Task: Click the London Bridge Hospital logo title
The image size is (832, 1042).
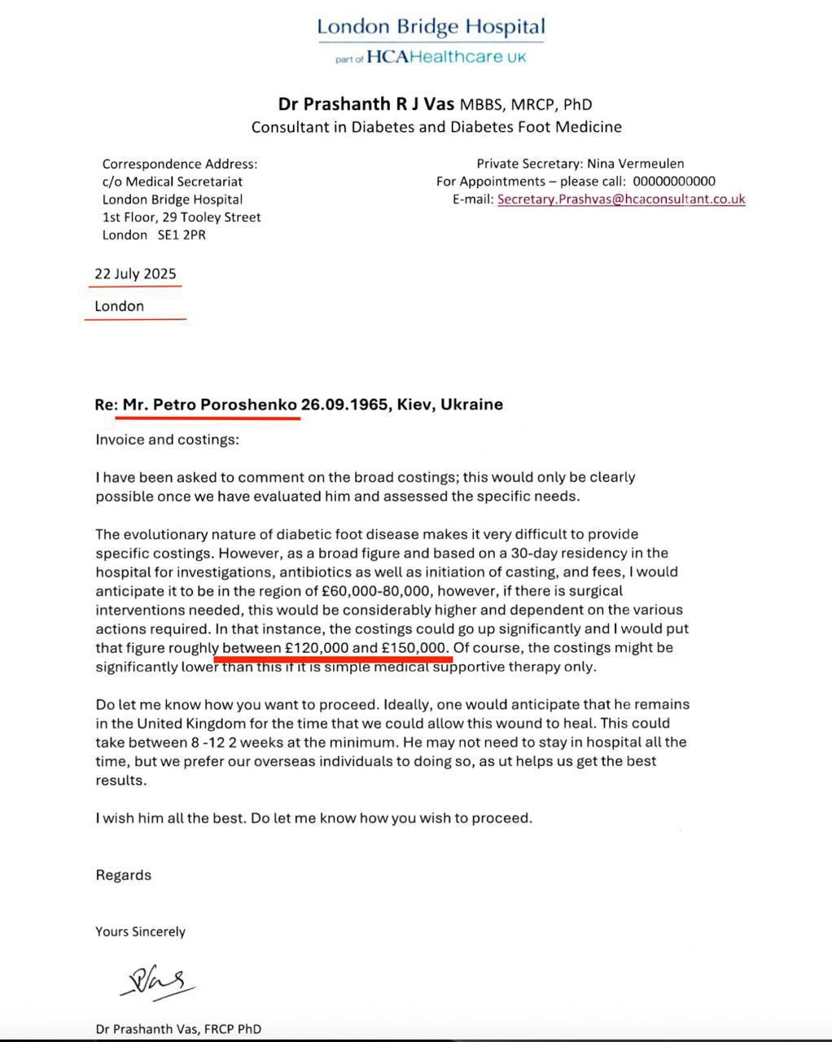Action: coord(431,26)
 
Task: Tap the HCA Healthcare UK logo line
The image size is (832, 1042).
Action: coord(431,57)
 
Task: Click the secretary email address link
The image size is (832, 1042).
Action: coord(621,199)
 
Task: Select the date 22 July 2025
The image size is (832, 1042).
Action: coord(135,274)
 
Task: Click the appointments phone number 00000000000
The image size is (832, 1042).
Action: coord(674,182)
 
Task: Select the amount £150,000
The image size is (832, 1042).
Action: coord(415,648)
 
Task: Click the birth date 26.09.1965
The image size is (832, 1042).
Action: coord(344,405)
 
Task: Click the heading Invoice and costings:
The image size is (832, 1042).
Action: coord(168,440)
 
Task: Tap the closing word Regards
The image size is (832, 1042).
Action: coord(124,875)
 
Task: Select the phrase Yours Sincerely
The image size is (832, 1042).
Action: coord(140,931)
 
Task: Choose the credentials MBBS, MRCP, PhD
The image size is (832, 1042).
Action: coord(526,105)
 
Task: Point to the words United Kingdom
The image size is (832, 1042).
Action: coord(191,723)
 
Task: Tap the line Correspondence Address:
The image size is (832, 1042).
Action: coord(180,164)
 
